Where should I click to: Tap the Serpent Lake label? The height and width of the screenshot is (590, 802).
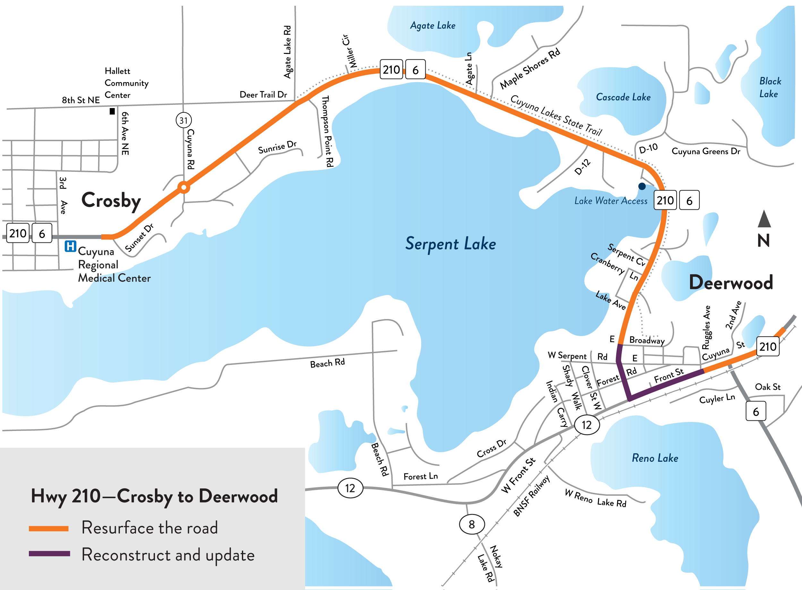point(450,244)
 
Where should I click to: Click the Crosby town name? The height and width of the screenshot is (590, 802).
point(111,201)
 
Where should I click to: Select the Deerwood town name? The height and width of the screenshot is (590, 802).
point(730,282)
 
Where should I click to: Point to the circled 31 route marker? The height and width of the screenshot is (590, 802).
point(183,120)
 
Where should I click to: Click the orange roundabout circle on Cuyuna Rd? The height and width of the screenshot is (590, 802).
point(183,187)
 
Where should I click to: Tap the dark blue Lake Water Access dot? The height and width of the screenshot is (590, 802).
point(642,186)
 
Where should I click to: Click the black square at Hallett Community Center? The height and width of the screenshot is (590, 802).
point(112,112)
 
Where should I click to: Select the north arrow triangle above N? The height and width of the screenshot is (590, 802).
point(764,219)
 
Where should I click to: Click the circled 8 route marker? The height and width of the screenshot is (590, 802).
point(472,524)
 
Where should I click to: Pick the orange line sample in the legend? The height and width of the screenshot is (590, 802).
point(48,528)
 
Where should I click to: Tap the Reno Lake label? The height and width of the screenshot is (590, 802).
point(655,458)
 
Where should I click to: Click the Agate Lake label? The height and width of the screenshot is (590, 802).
point(433,26)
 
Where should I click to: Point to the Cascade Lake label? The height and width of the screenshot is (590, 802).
point(623,97)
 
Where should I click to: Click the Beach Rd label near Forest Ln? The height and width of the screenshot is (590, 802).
point(380,459)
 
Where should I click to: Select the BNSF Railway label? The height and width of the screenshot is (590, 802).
point(531,496)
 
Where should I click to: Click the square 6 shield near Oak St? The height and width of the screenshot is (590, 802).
point(755,412)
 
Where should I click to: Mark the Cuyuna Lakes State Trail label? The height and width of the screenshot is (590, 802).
point(556,115)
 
